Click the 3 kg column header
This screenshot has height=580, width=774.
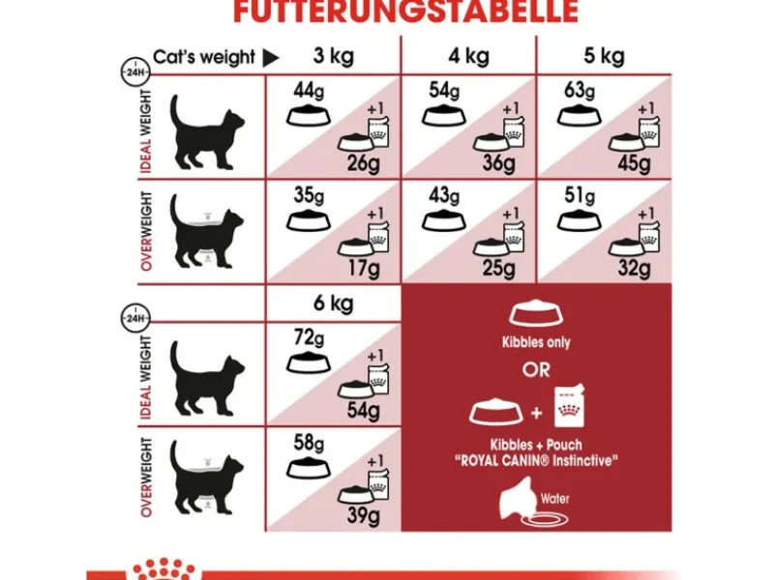[x=333, y=57]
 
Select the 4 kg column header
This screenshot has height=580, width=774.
[x=469, y=57]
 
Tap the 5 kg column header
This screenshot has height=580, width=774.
[x=605, y=57]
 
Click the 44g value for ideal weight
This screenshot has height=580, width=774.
[x=308, y=93]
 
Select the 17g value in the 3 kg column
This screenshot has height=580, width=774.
[x=364, y=266]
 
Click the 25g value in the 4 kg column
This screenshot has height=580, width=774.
[x=499, y=266]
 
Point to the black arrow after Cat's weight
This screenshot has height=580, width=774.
[x=271, y=58]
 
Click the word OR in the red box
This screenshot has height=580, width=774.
[x=536, y=370]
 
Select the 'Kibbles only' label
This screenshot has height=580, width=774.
[x=536, y=342]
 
